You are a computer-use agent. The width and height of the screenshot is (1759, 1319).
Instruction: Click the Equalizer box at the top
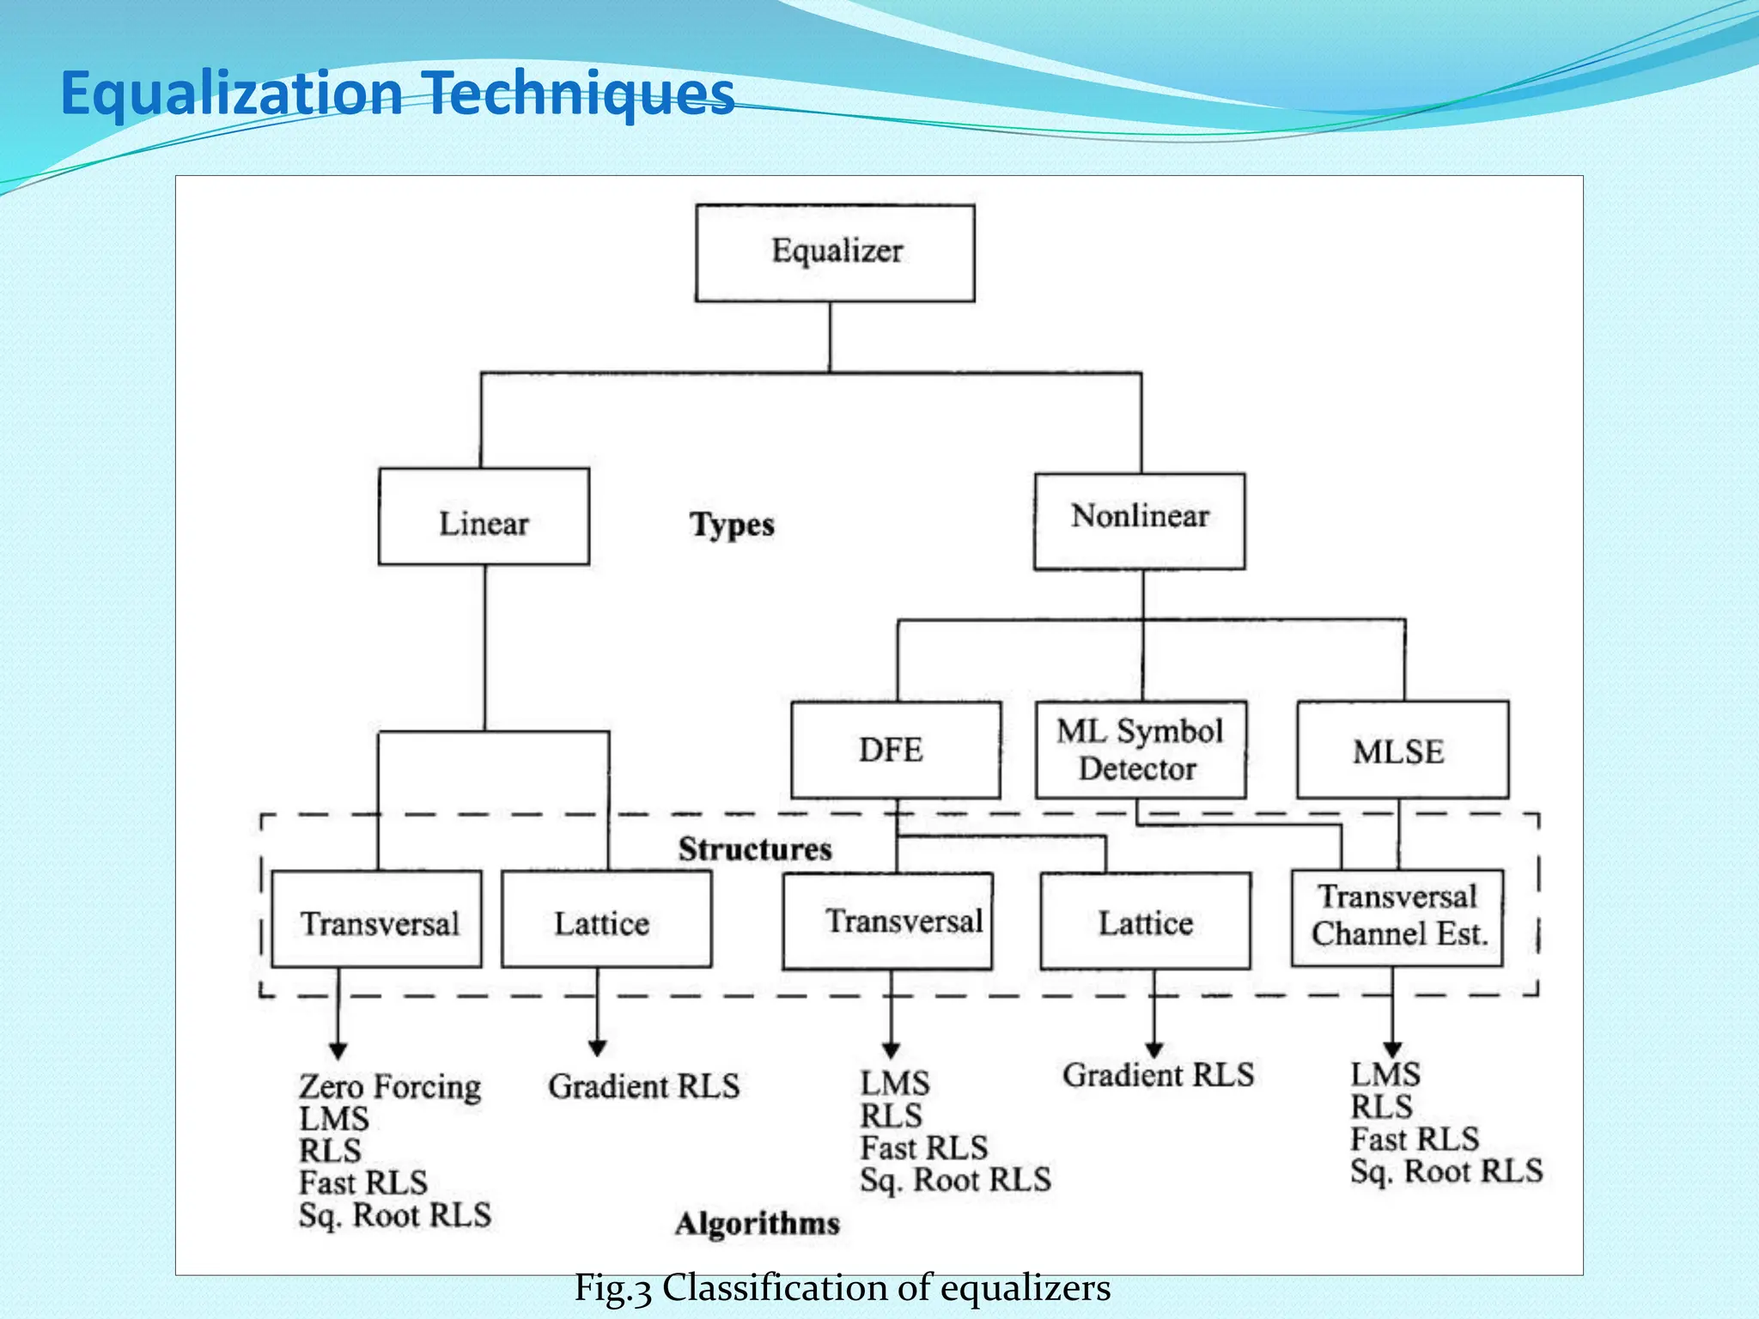point(835,253)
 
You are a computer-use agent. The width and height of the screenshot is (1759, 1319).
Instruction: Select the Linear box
point(484,517)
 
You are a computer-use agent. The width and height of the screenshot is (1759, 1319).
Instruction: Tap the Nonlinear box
point(1139,521)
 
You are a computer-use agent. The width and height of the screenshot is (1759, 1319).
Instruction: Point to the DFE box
point(895,750)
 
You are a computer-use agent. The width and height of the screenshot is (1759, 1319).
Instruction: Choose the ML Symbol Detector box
point(1140,750)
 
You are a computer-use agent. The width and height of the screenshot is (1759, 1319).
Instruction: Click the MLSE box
point(1402,750)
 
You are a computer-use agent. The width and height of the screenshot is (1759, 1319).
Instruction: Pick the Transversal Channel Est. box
point(1397,917)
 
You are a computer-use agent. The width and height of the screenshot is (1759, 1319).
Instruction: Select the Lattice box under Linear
point(606,920)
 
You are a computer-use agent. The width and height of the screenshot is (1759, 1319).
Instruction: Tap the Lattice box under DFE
point(1144,921)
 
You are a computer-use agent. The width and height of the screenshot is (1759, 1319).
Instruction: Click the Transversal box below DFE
point(887,921)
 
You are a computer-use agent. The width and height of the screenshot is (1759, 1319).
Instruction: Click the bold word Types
point(732,525)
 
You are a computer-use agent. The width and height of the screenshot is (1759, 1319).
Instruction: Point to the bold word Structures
point(755,849)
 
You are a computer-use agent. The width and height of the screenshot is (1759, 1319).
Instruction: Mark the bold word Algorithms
point(757,1224)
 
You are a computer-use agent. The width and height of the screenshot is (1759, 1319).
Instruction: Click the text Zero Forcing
point(389,1087)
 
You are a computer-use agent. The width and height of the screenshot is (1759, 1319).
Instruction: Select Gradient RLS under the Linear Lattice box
point(643,1087)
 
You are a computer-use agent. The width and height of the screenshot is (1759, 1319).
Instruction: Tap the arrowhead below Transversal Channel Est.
point(1392,1049)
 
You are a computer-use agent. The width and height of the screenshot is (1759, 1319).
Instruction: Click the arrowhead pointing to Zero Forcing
point(338,1051)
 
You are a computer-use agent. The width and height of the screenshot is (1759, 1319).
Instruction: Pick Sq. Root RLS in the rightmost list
point(1446,1171)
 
